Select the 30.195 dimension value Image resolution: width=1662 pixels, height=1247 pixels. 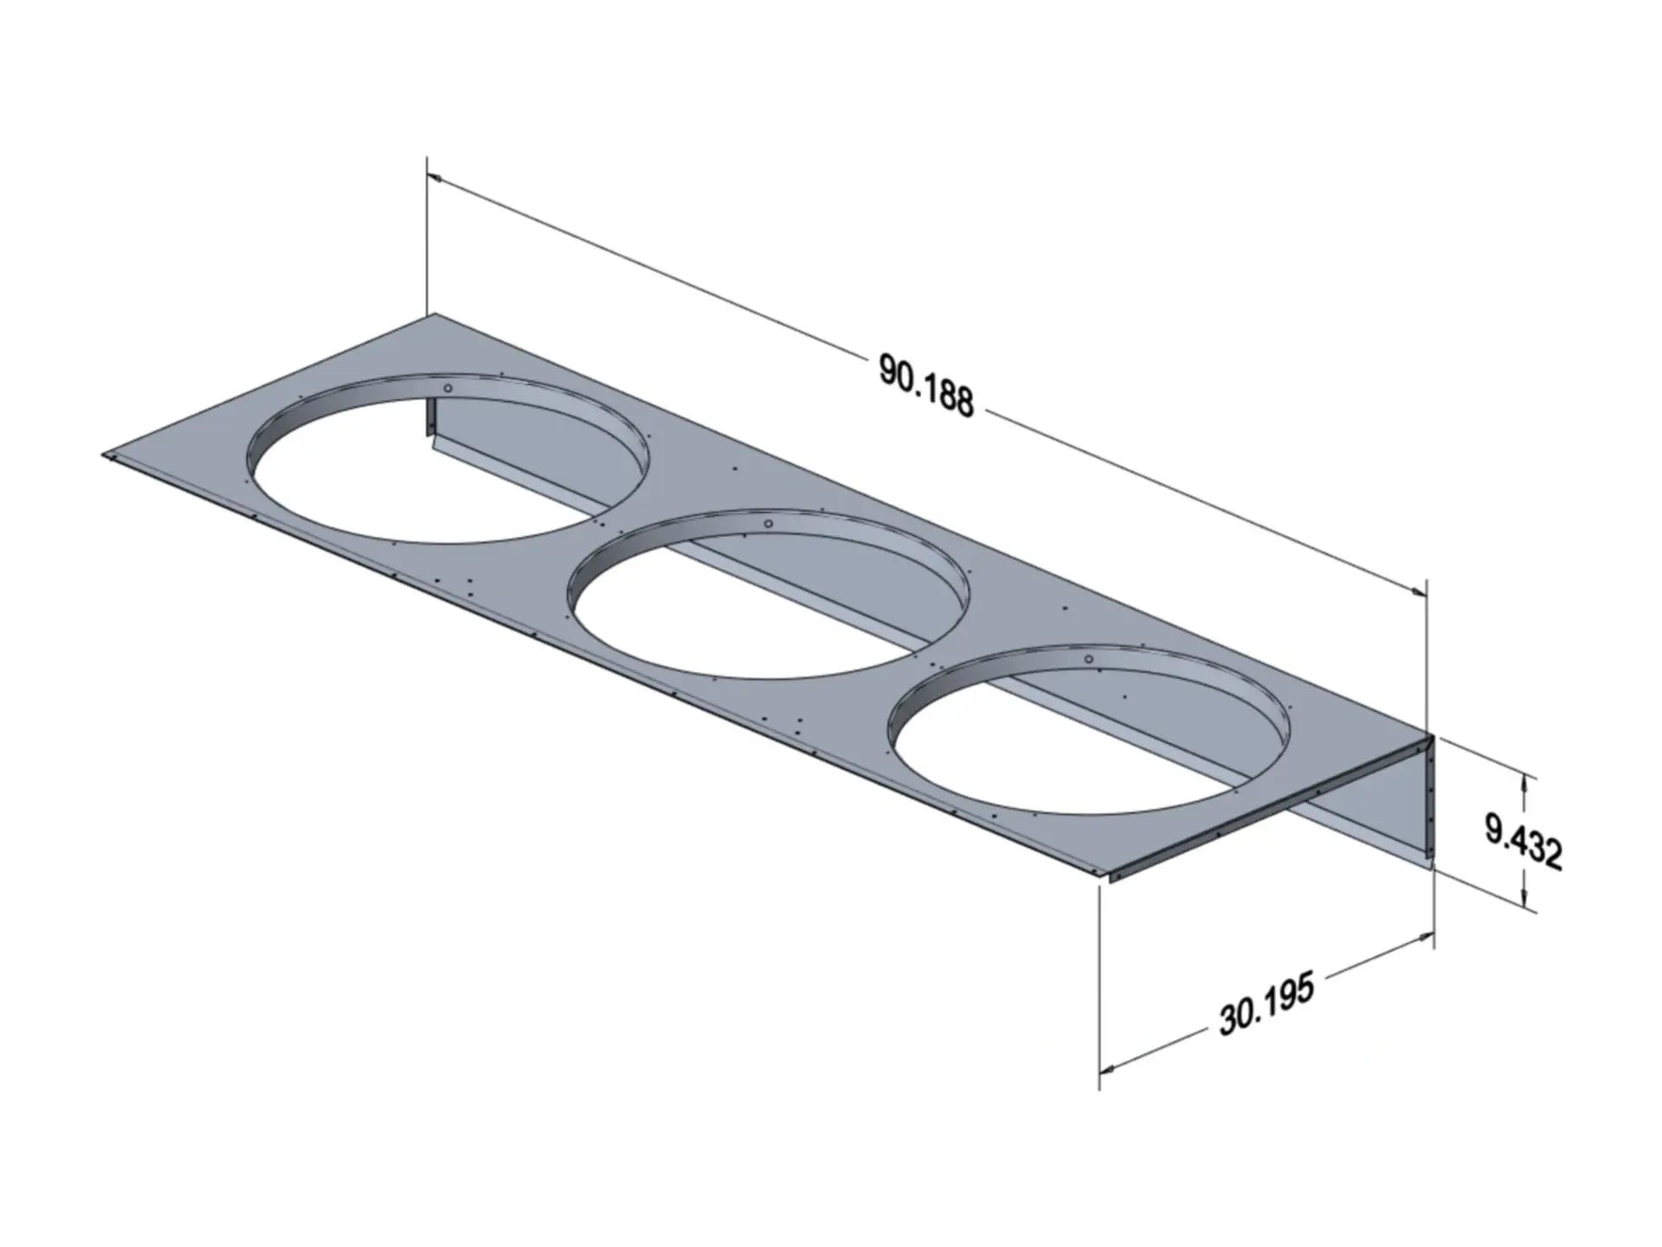1266,1004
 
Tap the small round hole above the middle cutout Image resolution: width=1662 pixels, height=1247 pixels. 768,525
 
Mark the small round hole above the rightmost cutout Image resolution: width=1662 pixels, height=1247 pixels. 1089,660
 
